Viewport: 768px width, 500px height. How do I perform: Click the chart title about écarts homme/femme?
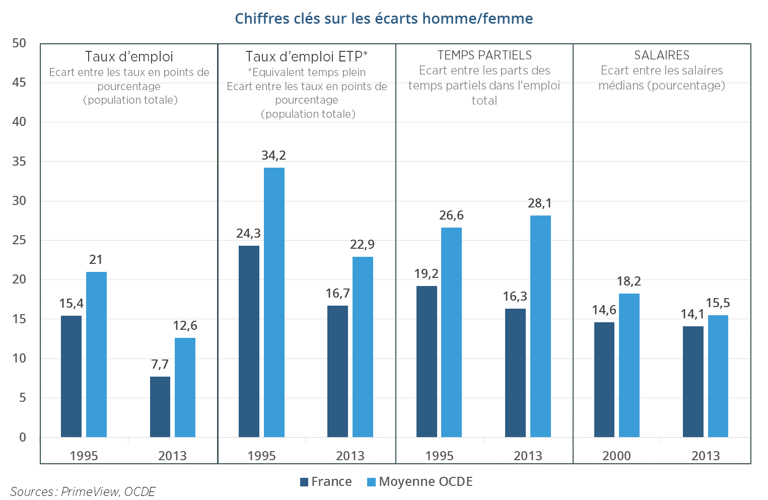[384, 19]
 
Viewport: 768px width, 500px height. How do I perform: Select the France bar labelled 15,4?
[71, 376]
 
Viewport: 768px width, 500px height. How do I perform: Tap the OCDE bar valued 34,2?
[274, 302]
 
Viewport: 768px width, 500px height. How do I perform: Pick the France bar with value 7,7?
[160, 406]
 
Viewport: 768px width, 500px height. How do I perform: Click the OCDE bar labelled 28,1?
[540, 326]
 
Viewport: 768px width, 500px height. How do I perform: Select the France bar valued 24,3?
[249, 341]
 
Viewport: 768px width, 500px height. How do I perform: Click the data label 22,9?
[363, 245]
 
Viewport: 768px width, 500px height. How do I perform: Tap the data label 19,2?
[427, 274]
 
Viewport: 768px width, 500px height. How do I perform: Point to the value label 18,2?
[629, 281]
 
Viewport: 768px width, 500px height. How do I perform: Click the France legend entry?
[326, 482]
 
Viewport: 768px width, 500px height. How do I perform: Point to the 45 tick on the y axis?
[19, 83]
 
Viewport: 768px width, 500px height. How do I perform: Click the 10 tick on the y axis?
[19, 359]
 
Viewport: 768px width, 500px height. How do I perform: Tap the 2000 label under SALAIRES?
[616, 456]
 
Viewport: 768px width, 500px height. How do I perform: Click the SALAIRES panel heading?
[662, 55]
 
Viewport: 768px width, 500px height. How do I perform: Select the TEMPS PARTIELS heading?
[484, 55]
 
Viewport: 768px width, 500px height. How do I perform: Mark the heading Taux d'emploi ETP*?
[307, 56]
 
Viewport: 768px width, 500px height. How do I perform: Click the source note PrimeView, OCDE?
[83, 491]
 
